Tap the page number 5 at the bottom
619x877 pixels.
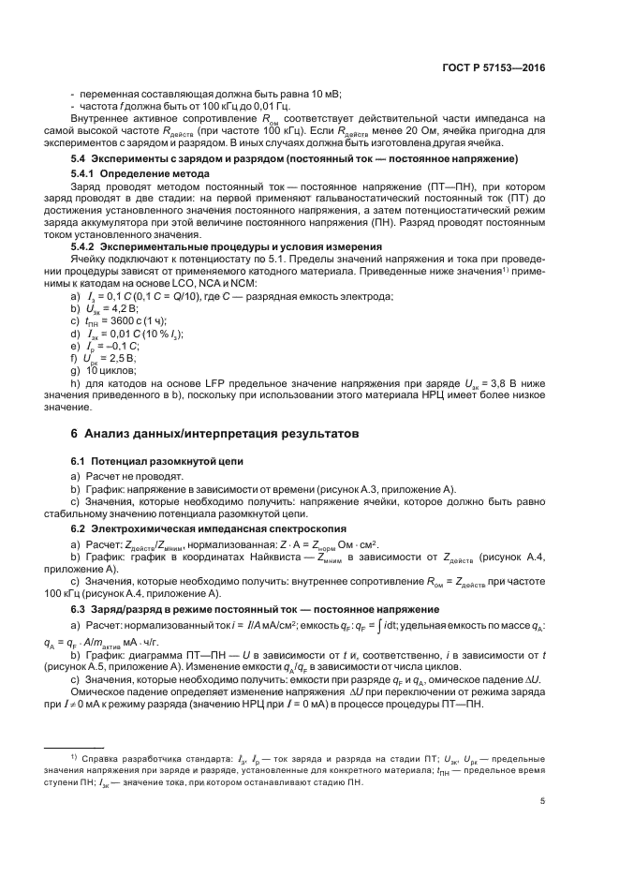click(x=543, y=801)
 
